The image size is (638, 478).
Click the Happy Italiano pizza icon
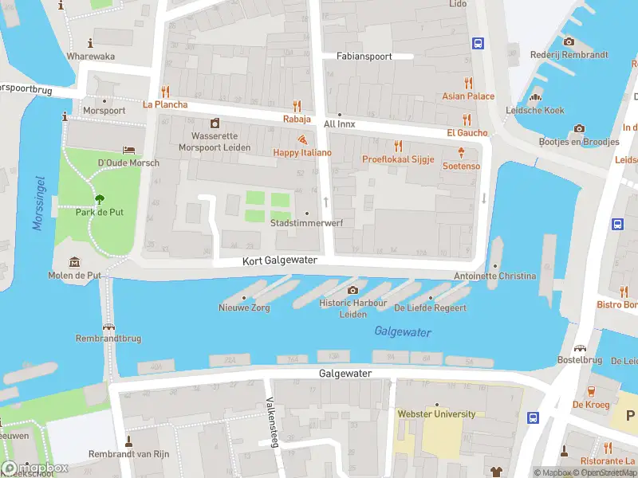point(302,139)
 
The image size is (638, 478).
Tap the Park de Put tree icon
point(100,199)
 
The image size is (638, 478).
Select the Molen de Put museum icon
point(74,262)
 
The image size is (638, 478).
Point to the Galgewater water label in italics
point(403,332)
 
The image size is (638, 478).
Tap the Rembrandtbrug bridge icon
point(108,327)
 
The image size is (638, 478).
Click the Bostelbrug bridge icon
point(581,349)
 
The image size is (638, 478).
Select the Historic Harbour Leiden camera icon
point(352,291)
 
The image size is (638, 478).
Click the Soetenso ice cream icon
point(461,152)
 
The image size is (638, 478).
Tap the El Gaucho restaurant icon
point(467,119)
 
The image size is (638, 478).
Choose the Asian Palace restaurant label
point(468,96)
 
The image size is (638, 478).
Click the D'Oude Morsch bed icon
point(128,150)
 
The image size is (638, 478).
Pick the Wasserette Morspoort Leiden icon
point(215,123)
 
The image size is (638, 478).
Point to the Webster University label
point(436,414)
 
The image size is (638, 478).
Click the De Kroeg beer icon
point(591,391)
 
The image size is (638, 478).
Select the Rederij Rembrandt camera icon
point(569,42)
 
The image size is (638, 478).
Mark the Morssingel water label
point(38,204)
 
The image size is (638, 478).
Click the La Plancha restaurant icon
point(165,91)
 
